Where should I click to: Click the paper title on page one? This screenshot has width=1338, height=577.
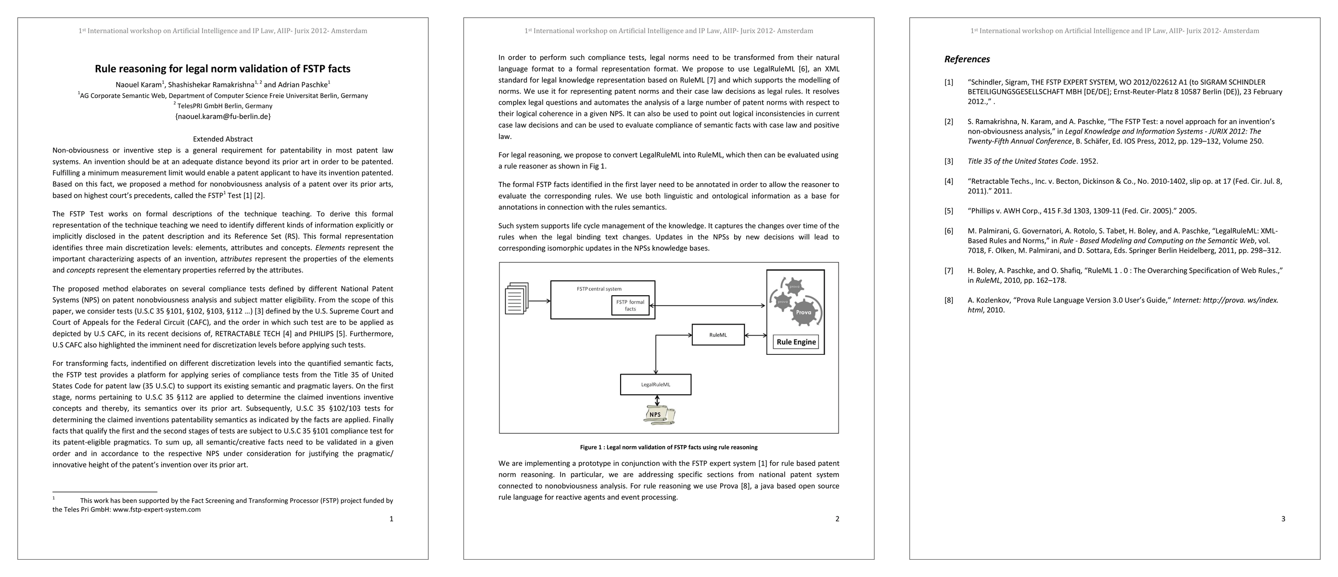222,68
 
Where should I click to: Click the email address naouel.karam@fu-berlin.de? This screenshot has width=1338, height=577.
222,116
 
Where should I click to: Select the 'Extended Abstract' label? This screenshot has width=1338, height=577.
222,139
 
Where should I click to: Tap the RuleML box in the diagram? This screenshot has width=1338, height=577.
718,335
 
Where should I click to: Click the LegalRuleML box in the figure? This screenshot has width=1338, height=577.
655,385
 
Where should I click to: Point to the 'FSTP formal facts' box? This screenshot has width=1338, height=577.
630,305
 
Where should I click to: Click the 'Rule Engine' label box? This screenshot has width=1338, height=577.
796,342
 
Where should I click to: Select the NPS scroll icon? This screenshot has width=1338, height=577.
658,414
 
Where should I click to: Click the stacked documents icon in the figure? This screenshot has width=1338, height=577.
516,299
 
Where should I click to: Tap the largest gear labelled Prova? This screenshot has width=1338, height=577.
803,312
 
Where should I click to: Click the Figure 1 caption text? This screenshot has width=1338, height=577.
668,447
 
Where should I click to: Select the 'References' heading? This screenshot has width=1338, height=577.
967,59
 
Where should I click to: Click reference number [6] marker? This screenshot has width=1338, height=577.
948,231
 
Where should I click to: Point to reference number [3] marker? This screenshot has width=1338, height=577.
948,162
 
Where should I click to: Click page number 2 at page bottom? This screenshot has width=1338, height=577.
837,518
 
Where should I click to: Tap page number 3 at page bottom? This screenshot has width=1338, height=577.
1283,518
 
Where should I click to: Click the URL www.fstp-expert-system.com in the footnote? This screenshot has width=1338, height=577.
156,510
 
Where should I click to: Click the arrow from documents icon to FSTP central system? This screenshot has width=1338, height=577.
540,301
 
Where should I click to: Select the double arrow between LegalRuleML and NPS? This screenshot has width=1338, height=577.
658,401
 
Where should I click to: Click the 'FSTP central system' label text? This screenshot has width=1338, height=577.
599,289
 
